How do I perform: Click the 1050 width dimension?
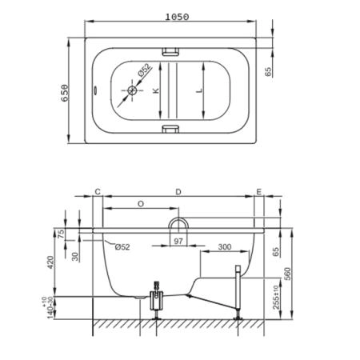pos(177,17)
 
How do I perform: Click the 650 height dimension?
pos(65,93)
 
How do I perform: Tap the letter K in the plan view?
pos(156,90)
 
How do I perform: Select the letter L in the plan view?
pos(199,90)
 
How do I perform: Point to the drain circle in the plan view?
pos(132,90)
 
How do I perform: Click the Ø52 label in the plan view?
pos(145,70)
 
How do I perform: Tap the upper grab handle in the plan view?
pos(171,51)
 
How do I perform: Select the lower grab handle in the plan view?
pos(171,129)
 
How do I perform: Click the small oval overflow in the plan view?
pos(95,90)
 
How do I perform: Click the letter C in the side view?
pos(98,191)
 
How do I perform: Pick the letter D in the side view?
pos(178,192)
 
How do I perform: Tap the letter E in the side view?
pos(259,191)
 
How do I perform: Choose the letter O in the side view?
pos(141,204)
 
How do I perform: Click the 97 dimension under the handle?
pos(178,242)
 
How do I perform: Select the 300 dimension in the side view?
pos(225,247)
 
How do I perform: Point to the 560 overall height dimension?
pos(287,274)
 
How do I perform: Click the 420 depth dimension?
pos(50,262)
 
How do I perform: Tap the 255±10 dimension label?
pos(277,297)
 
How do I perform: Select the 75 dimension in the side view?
pos(61,234)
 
